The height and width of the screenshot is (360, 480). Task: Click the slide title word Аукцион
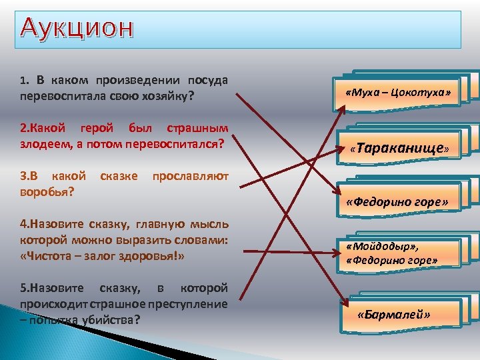coord(77,28)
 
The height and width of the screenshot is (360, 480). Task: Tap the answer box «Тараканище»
coord(399,147)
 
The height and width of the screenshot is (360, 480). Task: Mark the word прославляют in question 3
coord(190,176)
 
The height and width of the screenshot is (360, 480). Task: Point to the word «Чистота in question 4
coord(47,256)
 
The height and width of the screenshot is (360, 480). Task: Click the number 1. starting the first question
coord(25,81)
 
